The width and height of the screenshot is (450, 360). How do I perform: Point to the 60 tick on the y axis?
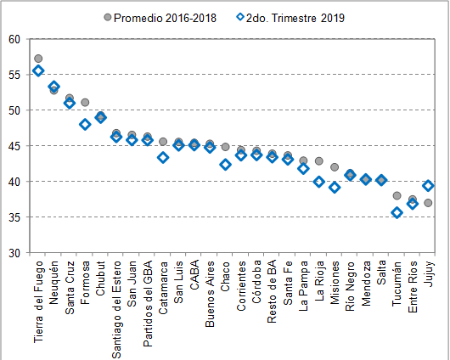[14, 39]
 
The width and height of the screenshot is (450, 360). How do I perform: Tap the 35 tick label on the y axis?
[14, 217]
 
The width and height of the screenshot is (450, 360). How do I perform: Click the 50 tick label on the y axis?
[14, 110]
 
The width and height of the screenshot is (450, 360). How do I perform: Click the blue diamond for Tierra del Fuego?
[38, 70]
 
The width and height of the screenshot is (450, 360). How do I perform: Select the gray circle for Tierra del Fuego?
[38, 59]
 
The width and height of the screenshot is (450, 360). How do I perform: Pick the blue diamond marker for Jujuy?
[428, 186]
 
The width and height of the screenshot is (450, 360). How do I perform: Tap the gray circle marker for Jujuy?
[428, 203]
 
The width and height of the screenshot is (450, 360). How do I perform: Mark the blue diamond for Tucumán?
[397, 213]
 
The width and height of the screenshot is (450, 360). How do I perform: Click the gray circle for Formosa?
[85, 102]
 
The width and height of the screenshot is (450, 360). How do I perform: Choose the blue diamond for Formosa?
[85, 124]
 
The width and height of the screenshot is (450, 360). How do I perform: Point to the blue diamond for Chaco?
[225, 165]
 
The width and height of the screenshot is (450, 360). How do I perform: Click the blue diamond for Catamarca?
[163, 157]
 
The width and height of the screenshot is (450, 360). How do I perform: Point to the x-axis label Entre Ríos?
[413, 285]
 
